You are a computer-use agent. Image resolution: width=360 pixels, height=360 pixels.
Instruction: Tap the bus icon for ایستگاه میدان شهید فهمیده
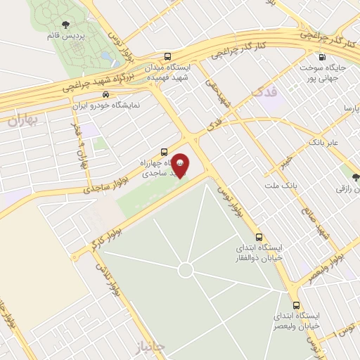[167, 56]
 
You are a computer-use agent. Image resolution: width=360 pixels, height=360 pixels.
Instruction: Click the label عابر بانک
[323, 142]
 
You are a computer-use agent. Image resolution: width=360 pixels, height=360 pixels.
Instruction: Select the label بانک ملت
[295, 186]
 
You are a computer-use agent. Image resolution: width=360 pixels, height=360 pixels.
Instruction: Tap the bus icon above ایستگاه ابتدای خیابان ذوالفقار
[259, 236]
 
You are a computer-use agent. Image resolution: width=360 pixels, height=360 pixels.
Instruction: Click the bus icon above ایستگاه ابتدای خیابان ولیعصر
[296, 306]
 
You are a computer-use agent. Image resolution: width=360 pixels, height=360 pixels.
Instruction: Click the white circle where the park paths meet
[186, 270]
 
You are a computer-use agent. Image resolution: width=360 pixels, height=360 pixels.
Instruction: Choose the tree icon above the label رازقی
[354, 176]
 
